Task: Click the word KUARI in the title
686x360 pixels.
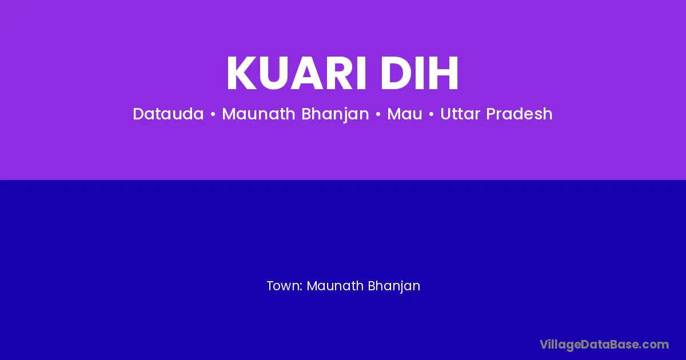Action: pyautogui.click(x=296, y=73)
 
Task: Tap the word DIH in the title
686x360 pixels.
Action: pyautogui.click(x=420, y=73)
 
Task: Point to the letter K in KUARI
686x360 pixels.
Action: pyautogui.click(x=242, y=73)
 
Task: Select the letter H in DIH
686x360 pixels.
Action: pyautogui.click(x=444, y=73)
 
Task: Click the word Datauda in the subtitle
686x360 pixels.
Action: pyautogui.click(x=168, y=114)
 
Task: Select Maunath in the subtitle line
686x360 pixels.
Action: pyautogui.click(x=258, y=114)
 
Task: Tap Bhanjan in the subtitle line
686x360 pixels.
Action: pyautogui.click(x=336, y=114)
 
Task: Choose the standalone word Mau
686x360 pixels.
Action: pyautogui.click(x=405, y=114)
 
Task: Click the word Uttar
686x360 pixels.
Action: pyautogui.click(x=460, y=114)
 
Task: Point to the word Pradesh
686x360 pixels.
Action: pyautogui.click(x=520, y=114)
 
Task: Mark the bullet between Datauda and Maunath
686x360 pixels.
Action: pyautogui.click(x=213, y=114)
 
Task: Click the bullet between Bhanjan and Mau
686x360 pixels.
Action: pyautogui.click(x=378, y=114)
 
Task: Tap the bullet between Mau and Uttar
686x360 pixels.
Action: pyautogui.click(x=431, y=114)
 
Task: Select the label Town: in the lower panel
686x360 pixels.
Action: pyautogui.click(x=285, y=286)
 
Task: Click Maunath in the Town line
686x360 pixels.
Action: pyautogui.click(x=335, y=286)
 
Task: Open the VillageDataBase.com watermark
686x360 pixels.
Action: pyautogui.click(x=604, y=345)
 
